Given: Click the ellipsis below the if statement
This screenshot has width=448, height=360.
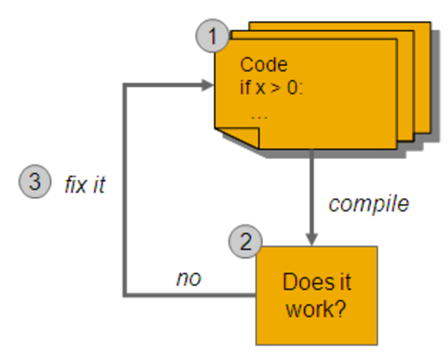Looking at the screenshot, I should pos(259,116).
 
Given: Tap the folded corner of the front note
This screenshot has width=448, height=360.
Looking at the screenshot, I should pos(248,138).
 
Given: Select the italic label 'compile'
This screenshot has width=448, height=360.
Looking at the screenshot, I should pos(369,203).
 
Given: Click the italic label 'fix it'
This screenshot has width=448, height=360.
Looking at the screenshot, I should pos(85,185).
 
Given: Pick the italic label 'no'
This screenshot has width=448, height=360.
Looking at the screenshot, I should pos(189,278).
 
